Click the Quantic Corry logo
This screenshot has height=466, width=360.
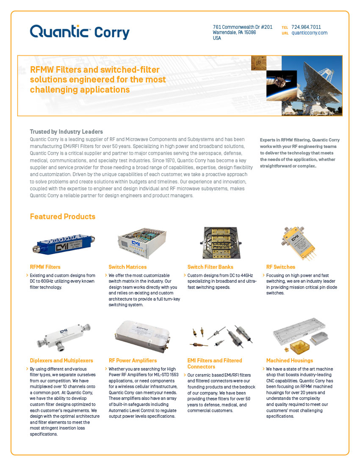click(x=80, y=32)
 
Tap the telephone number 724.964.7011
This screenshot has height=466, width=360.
click(x=306, y=27)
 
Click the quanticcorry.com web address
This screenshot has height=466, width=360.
click(x=310, y=33)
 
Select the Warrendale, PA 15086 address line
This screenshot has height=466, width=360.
click(x=234, y=32)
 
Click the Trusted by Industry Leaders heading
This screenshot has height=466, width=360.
click(x=66, y=132)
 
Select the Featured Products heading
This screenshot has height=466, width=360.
click(x=63, y=216)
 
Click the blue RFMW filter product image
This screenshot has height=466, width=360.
click(x=64, y=244)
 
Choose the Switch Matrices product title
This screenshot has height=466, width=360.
click(x=127, y=267)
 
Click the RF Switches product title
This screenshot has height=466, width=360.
click(x=281, y=267)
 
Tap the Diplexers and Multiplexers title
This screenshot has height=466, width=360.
click(x=61, y=361)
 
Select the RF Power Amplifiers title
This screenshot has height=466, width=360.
click(x=133, y=361)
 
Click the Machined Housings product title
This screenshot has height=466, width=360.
click(x=290, y=361)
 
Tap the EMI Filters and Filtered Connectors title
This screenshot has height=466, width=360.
click(x=215, y=363)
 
